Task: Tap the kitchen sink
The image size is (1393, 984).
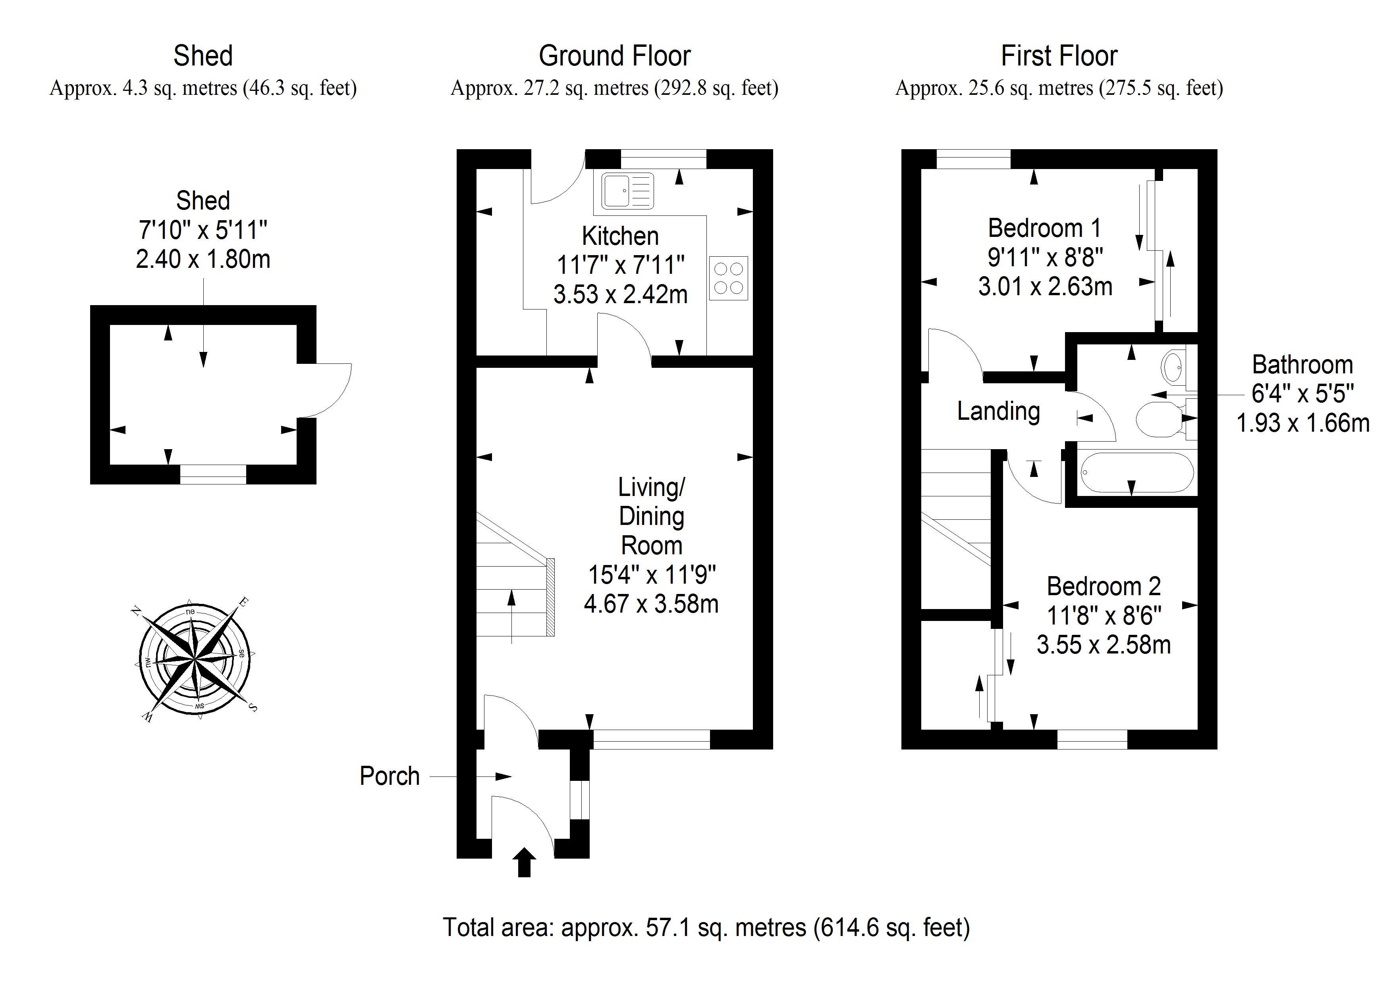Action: coord(627,190)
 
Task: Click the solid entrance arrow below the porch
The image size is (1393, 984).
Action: coord(524,862)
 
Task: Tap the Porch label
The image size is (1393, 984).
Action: coord(390,776)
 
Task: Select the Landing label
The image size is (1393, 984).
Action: coord(998,412)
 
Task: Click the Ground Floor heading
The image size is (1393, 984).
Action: coord(615,56)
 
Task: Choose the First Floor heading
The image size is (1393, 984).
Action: coord(1059,56)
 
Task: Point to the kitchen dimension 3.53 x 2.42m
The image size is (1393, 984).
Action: coord(620,295)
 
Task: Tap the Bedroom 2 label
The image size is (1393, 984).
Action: coord(1104,586)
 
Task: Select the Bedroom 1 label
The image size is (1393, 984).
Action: coord(1044,229)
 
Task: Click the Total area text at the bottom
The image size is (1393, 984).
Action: coord(706,928)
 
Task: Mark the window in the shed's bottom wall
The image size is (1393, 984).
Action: coord(213,474)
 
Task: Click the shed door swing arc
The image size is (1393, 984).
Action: coord(331,390)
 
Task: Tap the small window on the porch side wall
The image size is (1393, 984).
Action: coord(580,800)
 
